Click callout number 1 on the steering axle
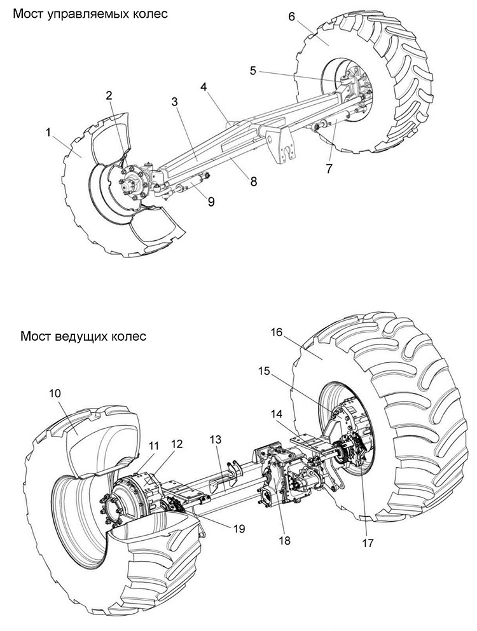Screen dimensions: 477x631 (48, 132)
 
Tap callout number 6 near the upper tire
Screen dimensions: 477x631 (292, 17)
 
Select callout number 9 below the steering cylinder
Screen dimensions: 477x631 (212, 201)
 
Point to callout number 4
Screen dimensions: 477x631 (204, 87)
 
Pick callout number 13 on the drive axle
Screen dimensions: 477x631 (216, 440)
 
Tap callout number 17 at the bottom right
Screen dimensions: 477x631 (368, 543)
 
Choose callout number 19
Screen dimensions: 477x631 (239, 527)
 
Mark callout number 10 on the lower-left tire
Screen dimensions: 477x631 (55, 393)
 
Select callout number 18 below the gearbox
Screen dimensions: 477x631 (284, 540)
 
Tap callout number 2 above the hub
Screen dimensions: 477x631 (109, 95)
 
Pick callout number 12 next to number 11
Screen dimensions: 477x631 (177, 444)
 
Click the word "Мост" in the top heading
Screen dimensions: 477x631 (29, 14)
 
